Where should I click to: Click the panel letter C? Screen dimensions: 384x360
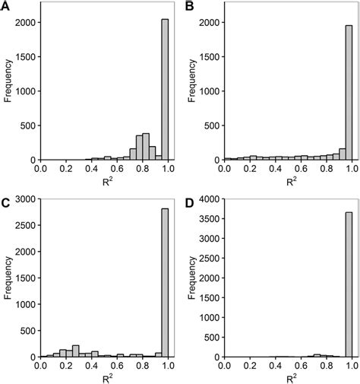(6, 203)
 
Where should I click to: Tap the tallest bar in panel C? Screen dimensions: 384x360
(165, 288)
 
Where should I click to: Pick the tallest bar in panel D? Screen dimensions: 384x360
(349, 293)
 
